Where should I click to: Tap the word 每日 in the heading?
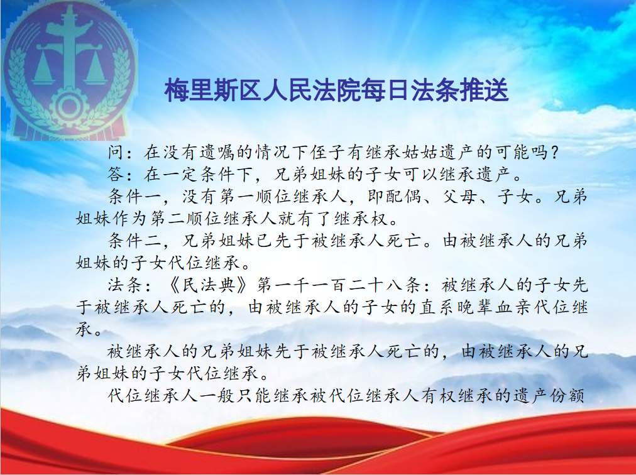tap(387, 90)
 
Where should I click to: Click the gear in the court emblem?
tap(69, 106)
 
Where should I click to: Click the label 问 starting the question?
tap(116, 152)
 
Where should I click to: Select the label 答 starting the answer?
tap(116, 175)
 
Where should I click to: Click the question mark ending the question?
tap(554, 153)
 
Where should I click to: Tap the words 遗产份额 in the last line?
tap(549, 395)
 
